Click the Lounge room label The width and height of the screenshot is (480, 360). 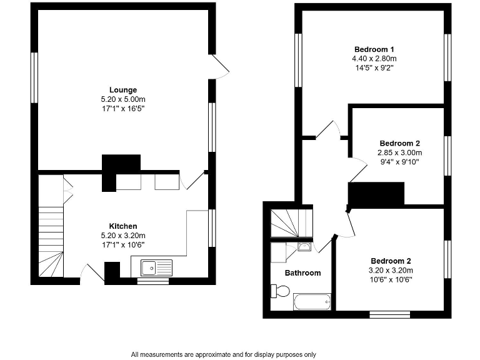pyautogui.click(x=123, y=90)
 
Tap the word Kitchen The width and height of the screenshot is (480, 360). pyautogui.click(x=123, y=226)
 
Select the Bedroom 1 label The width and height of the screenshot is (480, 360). pyautogui.click(x=374, y=49)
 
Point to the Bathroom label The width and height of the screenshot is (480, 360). pyautogui.click(x=302, y=273)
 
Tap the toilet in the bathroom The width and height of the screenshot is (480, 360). pyautogui.click(x=281, y=291)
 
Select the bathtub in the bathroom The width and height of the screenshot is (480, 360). pyautogui.click(x=312, y=302)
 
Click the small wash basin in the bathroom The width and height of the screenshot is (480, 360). pyautogui.click(x=304, y=247)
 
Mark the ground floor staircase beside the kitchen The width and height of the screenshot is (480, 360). pyautogui.click(x=51, y=241)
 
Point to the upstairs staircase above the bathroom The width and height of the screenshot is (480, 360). pyautogui.click(x=291, y=223)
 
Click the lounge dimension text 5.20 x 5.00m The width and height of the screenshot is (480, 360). pyautogui.click(x=123, y=99)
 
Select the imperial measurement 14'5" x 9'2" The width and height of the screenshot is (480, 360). pyautogui.click(x=374, y=67)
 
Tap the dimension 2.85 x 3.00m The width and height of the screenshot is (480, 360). pyautogui.click(x=400, y=152)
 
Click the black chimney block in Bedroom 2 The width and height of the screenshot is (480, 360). pyautogui.click(x=376, y=194)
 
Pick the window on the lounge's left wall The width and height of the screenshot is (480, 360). pyautogui.click(x=35, y=77)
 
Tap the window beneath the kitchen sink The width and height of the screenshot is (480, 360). pyautogui.click(x=152, y=281)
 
